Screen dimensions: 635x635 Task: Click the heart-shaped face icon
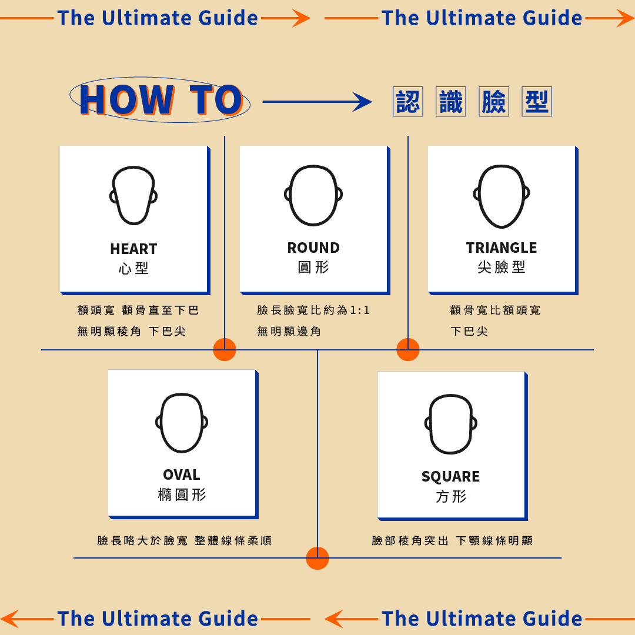133,195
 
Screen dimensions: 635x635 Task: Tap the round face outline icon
313,195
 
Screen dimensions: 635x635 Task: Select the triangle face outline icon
502,196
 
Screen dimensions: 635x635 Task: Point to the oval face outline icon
182,423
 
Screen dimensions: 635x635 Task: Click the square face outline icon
450,424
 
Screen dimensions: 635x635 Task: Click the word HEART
133,249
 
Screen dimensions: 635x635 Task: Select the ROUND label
313,248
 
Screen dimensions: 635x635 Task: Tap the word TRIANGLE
502,248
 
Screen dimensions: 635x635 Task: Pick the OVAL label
182,474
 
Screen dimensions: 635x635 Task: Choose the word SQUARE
450,476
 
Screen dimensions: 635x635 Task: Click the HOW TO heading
161,101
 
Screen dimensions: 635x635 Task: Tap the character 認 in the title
407,102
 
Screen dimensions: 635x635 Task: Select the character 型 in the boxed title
537,102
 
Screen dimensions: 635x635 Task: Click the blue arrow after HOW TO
317,102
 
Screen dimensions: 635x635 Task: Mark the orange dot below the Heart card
225,349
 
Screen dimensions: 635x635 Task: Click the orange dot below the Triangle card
408,349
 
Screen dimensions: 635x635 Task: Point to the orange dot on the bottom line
317,558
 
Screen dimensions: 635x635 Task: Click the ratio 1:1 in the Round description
360,310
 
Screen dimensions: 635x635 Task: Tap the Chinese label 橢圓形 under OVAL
182,494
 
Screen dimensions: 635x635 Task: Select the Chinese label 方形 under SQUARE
451,497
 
